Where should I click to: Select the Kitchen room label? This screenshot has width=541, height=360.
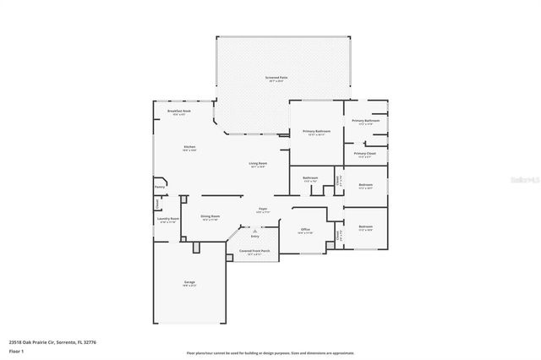pos(190,147)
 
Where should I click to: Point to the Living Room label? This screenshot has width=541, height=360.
pos(258,163)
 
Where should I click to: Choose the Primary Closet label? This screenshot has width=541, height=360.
pos(365,154)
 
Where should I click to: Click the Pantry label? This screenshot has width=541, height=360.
pos(159,187)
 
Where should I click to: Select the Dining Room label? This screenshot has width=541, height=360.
pos(210,215)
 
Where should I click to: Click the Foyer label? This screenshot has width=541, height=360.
pos(264,209)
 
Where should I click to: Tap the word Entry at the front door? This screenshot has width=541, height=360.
pos(254,237)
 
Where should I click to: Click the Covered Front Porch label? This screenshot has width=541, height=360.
pos(254,251)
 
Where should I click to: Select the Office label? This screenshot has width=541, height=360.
pos(306,229)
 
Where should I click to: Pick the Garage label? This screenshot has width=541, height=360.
pos(190,282)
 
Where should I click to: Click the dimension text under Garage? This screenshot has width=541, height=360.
pos(190,286)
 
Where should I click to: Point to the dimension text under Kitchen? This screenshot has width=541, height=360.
pos(190,151)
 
